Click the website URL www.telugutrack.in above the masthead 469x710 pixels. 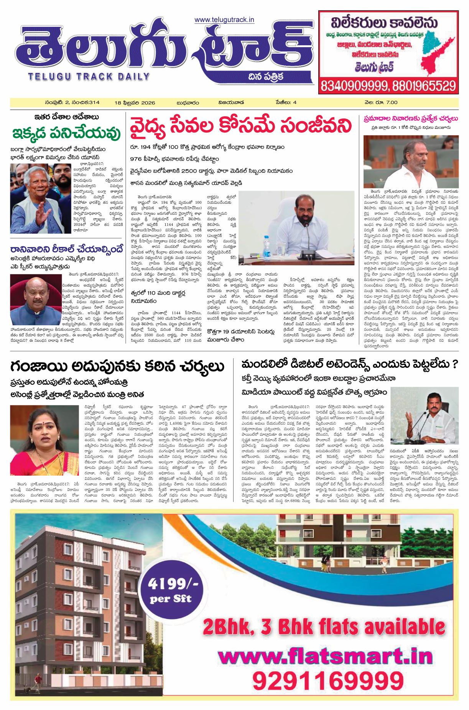pos(224,20)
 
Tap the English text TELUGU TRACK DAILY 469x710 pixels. pos(89,76)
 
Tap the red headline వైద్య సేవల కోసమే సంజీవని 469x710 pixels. pos(240,126)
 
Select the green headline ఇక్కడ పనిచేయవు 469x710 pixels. pos(66,133)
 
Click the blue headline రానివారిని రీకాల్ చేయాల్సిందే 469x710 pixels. pos(67,249)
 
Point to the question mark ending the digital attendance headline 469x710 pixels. pos(455,364)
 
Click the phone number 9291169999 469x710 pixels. pos(328,681)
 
